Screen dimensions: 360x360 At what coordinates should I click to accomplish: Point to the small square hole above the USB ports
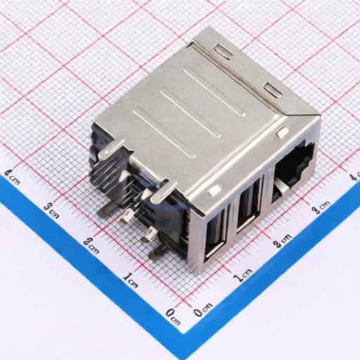coord(214,189)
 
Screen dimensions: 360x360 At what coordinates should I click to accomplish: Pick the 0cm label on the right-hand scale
coord(203,307)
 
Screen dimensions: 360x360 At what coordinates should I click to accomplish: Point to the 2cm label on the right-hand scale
coord(282,241)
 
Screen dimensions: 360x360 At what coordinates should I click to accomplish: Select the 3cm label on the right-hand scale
coord(321,206)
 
